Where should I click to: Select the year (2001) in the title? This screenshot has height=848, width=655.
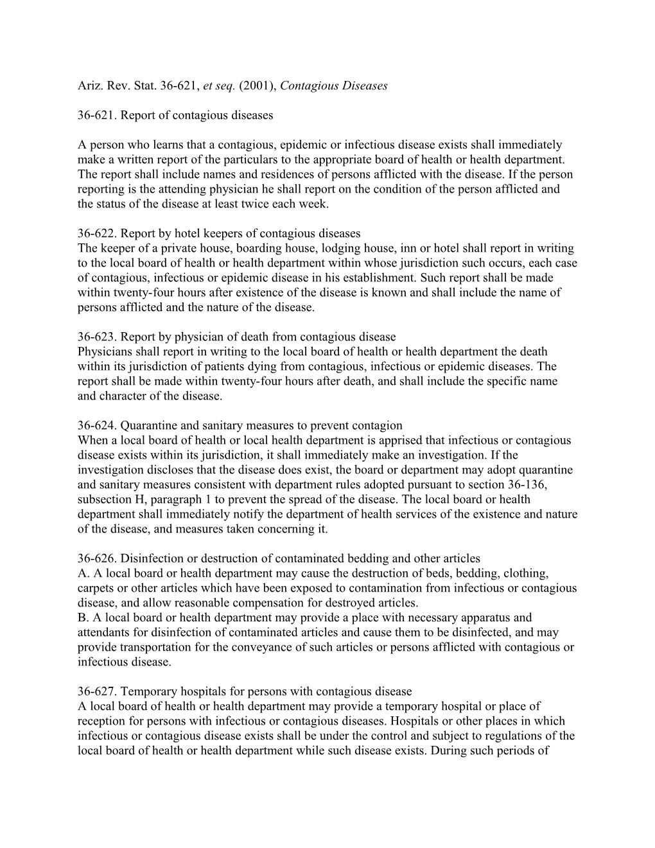point(256,85)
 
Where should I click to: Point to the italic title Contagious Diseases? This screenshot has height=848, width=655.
point(334,85)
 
